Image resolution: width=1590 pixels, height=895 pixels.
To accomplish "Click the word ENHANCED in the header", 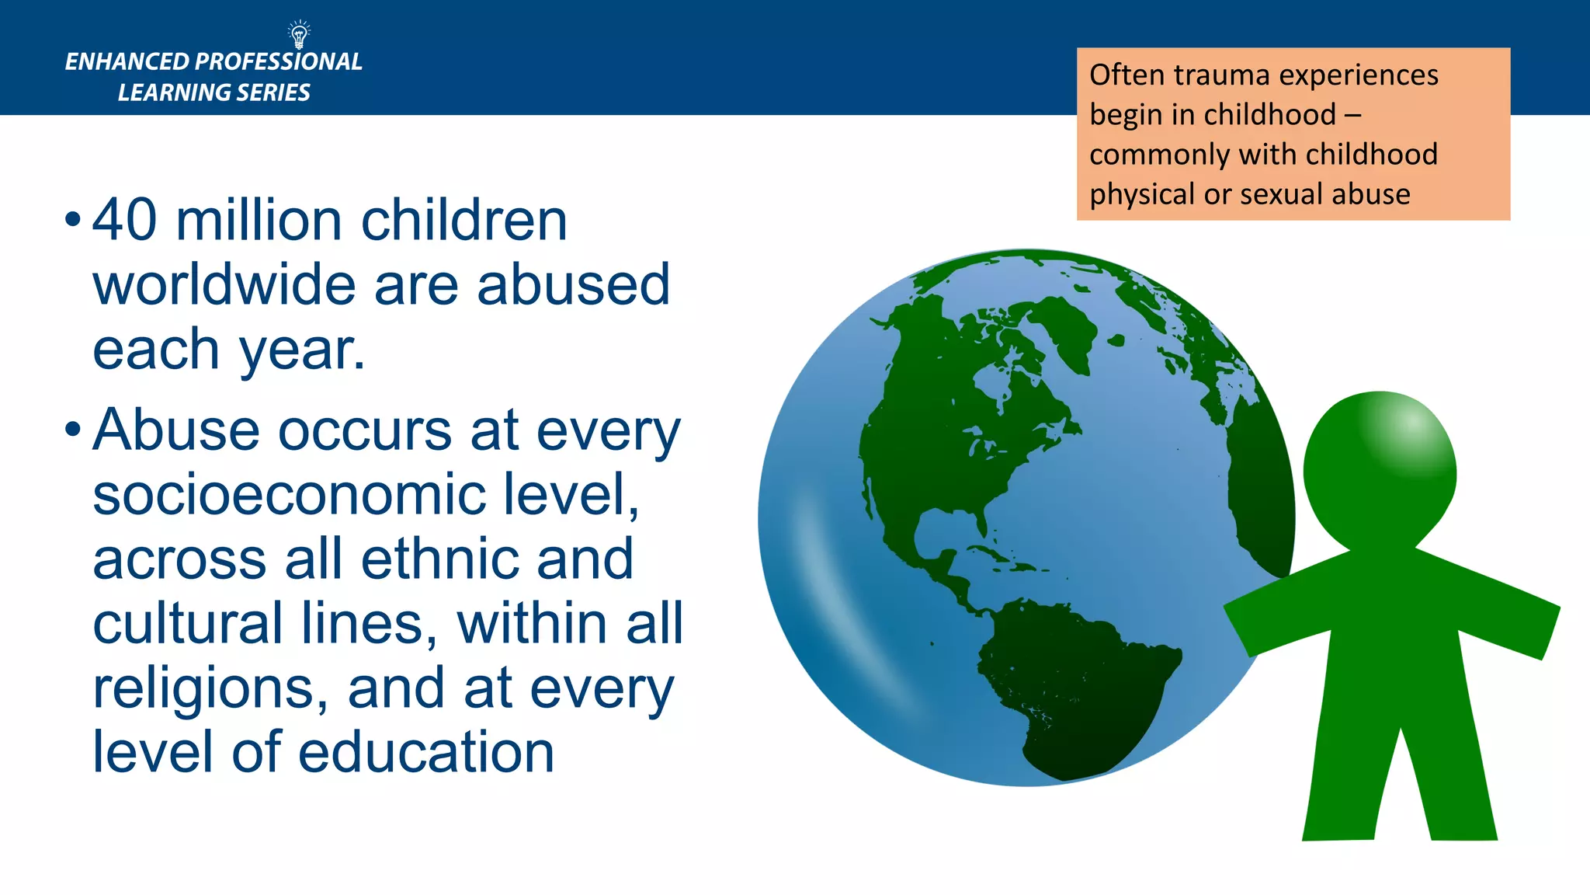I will (127, 62).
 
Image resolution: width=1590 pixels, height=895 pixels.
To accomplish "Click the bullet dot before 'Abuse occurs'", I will (73, 430).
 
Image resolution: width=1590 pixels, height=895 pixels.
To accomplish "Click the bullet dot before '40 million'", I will (73, 220).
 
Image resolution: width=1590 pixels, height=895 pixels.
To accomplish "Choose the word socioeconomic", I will (288, 494).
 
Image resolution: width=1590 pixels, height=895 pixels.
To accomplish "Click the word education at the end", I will (426, 752).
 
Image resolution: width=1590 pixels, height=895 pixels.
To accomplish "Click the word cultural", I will (187, 624).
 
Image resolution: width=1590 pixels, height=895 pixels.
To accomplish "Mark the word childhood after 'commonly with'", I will (1372, 155).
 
